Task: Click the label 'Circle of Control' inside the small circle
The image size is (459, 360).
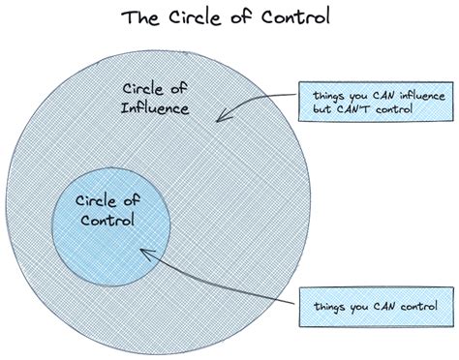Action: (109, 211)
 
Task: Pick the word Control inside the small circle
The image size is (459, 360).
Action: (109, 222)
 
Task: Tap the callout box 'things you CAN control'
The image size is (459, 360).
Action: (367, 308)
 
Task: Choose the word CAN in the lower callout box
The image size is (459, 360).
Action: (368, 308)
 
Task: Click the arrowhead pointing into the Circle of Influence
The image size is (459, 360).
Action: (220, 119)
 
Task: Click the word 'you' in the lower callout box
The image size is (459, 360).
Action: (350, 309)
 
